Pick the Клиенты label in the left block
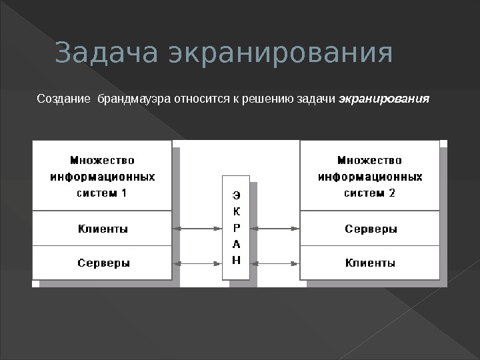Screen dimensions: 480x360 pos(103,229)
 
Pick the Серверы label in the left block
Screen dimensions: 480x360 pos(103,263)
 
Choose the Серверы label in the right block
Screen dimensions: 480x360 pos(371,229)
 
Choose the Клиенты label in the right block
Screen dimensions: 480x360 pos(370,263)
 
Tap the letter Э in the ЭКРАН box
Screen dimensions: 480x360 pos(236,196)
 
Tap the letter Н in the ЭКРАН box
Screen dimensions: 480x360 pos(236,260)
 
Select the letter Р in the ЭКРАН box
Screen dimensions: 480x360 pos(236,228)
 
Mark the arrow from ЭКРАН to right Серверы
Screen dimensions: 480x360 pos(275,229)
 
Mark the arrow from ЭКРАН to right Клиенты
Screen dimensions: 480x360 pos(275,263)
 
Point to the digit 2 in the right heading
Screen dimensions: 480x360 pos(392,193)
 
